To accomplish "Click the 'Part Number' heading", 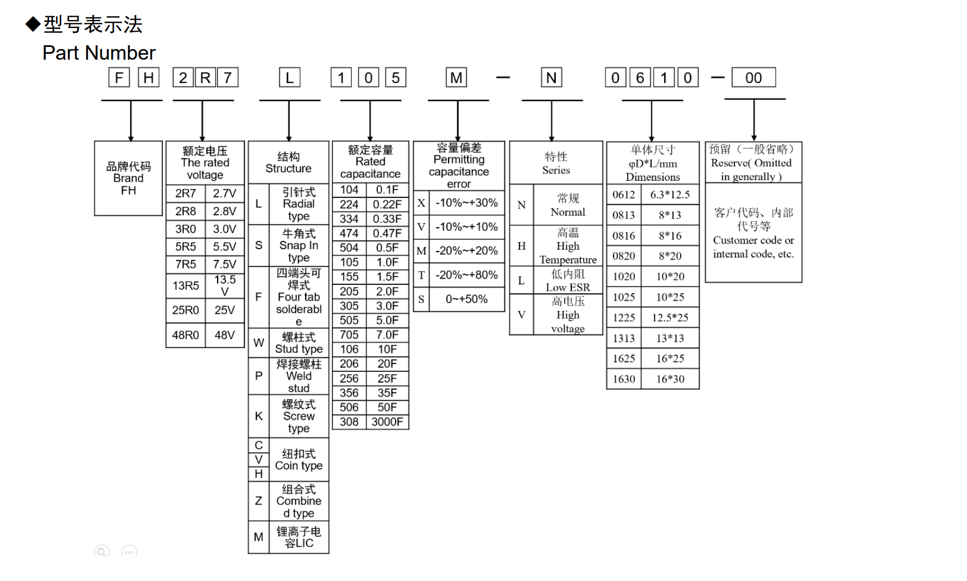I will [x=99, y=53].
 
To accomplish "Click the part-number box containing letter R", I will [x=205, y=78].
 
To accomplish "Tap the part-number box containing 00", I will [x=753, y=78].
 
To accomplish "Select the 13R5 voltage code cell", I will [x=186, y=286].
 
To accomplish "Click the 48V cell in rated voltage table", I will [x=225, y=335].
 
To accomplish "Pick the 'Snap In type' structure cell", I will [x=299, y=246].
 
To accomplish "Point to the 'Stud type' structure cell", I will [x=299, y=343].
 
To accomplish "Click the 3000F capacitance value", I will [x=387, y=422].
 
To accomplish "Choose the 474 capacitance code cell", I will [x=349, y=234].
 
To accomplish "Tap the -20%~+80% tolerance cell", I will [x=466, y=275].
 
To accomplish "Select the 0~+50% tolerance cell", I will [x=466, y=299].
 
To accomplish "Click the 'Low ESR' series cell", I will [x=567, y=280].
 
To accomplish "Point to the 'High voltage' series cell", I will [x=567, y=315].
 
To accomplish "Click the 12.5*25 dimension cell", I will [x=670, y=318].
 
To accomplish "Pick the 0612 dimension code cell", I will [x=624, y=195].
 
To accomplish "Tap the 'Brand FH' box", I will [x=128, y=178].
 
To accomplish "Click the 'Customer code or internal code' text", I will [x=753, y=247].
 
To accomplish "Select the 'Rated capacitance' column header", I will [x=371, y=162].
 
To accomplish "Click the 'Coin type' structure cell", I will [x=299, y=460].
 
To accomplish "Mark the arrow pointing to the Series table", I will [x=551, y=120].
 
